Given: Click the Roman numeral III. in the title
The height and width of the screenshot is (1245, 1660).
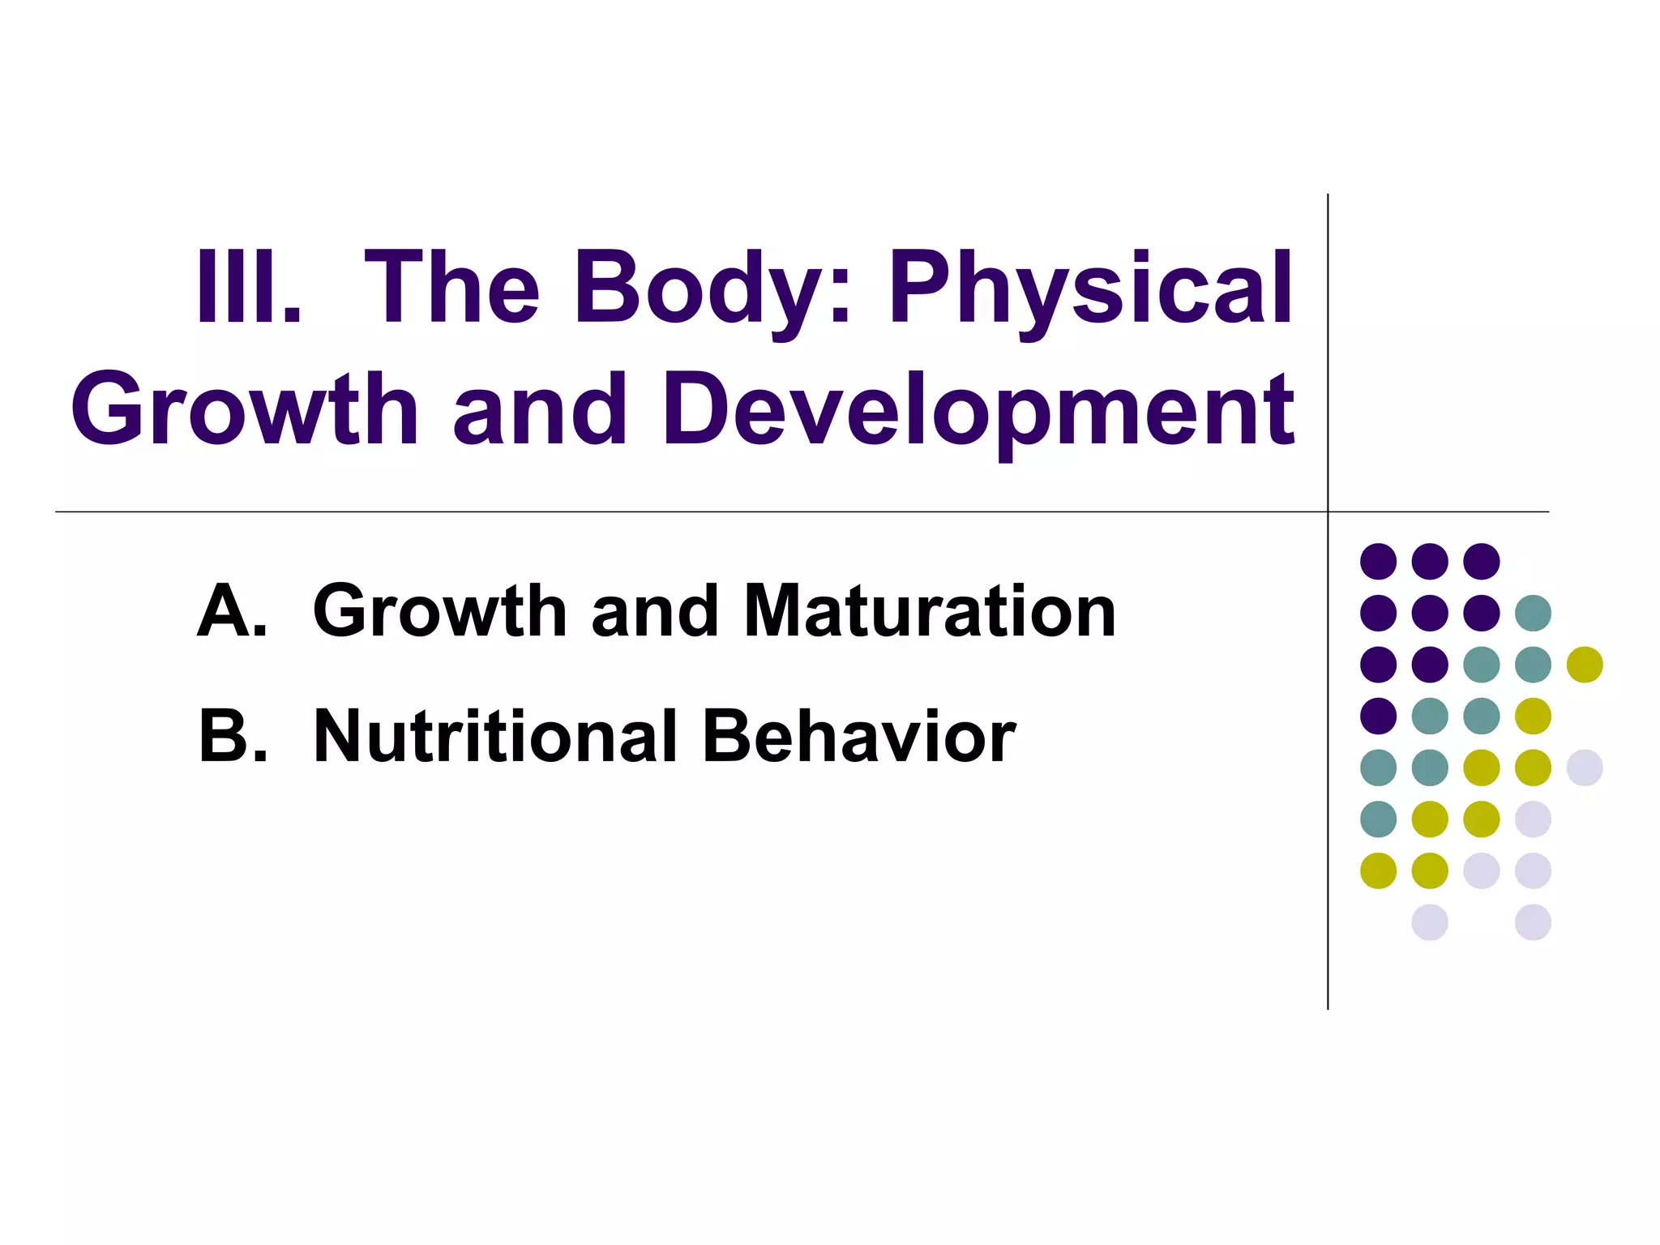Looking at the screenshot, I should (248, 287).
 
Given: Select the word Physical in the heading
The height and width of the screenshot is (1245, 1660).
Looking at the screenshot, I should (1091, 290).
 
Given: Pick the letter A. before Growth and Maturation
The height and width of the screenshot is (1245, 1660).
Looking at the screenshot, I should (232, 611).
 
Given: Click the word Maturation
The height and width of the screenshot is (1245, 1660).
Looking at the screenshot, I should (930, 611).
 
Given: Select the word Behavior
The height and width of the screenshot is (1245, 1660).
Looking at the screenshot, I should (858, 736).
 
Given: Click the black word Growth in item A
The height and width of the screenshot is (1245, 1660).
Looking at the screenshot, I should (439, 611).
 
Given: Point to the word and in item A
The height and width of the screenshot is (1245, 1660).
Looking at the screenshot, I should (655, 611).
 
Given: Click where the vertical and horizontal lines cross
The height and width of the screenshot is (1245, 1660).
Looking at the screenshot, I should (1328, 512).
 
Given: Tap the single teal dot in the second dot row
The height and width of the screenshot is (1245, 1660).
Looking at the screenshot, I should (1533, 613).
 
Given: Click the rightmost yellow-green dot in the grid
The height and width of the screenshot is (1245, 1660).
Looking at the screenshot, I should (1585, 665).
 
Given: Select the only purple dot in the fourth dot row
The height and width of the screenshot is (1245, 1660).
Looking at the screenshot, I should (1379, 716).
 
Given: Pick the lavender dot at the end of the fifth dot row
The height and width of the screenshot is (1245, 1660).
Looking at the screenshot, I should (1585, 768).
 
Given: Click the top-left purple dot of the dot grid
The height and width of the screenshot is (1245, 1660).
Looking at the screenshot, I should (1379, 561).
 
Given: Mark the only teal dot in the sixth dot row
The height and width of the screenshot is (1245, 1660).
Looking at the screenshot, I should (1379, 819).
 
